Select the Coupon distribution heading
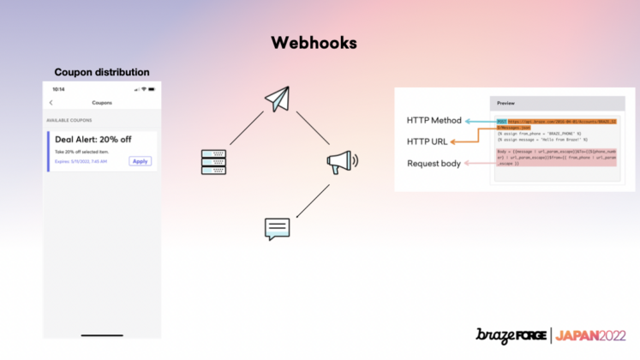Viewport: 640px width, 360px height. (x=102, y=72)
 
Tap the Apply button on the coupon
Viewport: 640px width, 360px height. (x=141, y=161)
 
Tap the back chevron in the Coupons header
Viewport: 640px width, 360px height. (x=51, y=103)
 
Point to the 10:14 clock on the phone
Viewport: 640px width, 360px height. (x=58, y=89)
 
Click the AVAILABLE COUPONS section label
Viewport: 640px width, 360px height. (x=70, y=120)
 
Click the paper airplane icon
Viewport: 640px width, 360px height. (x=277, y=99)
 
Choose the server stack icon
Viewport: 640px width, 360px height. (x=213, y=163)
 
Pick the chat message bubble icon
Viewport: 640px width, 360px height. (x=277, y=229)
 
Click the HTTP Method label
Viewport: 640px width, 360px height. (x=434, y=120)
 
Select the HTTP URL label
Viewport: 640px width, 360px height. (x=427, y=141)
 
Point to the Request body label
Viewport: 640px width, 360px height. (x=434, y=163)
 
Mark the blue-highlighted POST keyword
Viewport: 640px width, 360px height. (x=501, y=122)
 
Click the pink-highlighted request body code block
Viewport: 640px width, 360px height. (x=556, y=158)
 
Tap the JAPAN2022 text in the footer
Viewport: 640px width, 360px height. (x=591, y=337)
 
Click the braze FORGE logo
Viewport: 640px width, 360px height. (x=512, y=337)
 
